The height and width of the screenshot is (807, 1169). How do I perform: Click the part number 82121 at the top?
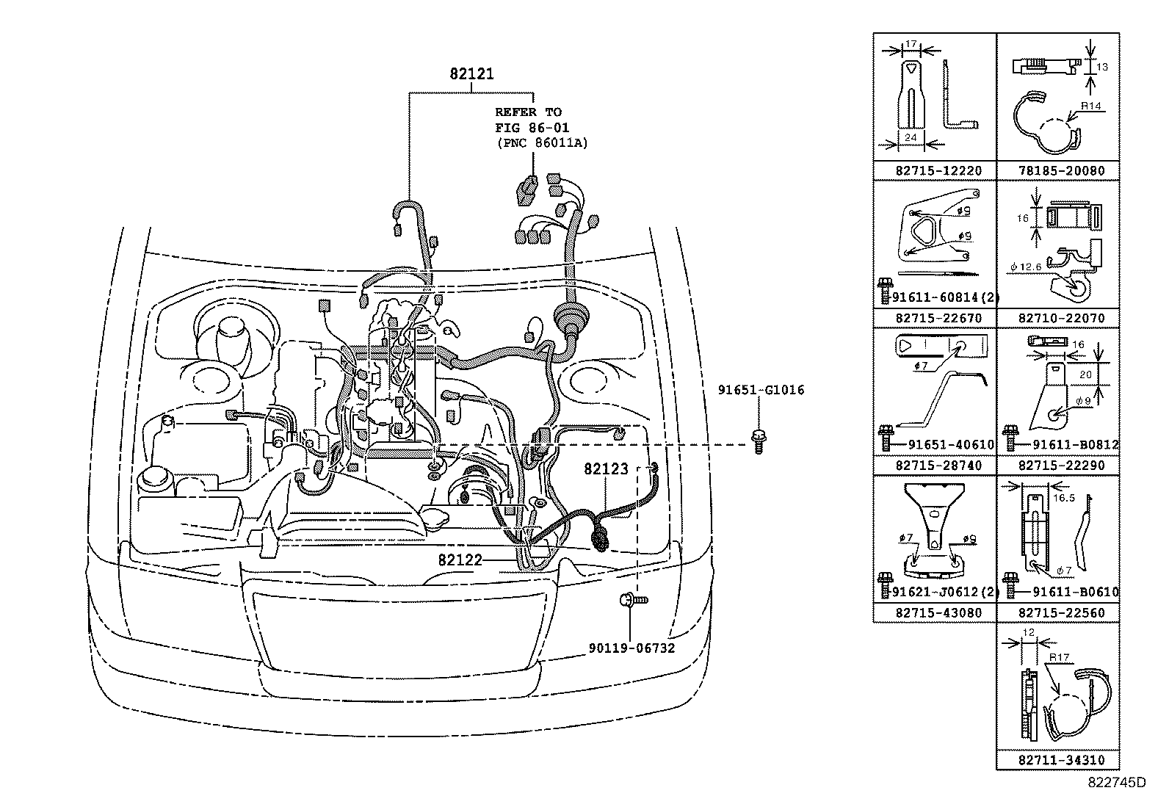tap(471, 74)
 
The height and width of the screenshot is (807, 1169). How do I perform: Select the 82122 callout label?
tap(460, 560)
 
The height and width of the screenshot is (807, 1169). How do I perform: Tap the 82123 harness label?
tap(606, 468)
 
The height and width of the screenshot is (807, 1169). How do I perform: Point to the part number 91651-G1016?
tap(761, 390)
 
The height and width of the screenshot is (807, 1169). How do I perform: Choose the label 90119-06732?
tap(631, 648)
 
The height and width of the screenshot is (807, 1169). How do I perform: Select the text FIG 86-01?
tap(532, 128)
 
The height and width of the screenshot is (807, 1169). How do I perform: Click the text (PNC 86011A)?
tap(542, 142)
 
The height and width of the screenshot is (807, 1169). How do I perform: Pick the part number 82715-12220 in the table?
tap(934, 170)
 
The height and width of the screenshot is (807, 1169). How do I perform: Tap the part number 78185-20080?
tap(1057, 170)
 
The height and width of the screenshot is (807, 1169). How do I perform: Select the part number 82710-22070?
tap(1057, 318)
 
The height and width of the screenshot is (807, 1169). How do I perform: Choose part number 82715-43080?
tap(934, 612)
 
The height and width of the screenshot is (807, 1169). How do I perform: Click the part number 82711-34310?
tap(1057, 761)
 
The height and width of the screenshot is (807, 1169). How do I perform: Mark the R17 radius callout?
tap(1058, 659)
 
